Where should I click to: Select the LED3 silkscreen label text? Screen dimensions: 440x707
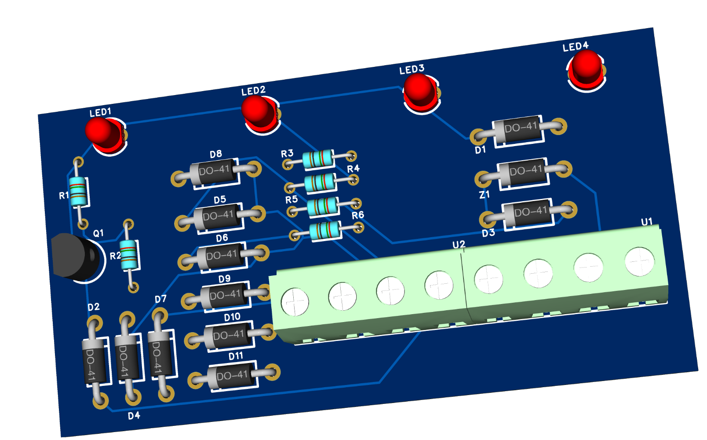(x=412, y=70)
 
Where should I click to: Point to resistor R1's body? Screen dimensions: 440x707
(x=78, y=192)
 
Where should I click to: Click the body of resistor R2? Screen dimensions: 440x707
(x=129, y=255)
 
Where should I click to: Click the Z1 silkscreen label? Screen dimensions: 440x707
(x=484, y=194)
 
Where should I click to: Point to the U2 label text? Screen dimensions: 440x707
(x=459, y=245)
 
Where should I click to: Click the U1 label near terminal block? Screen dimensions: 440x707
(x=646, y=222)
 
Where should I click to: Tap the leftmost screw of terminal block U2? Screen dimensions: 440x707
(x=295, y=302)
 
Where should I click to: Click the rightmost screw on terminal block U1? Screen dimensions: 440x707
(x=639, y=261)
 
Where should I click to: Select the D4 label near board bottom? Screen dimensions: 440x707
(x=134, y=416)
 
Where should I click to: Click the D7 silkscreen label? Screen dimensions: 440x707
(x=160, y=299)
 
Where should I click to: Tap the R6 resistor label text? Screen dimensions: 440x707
(x=357, y=215)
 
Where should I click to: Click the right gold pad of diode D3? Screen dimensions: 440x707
(x=569, y=209)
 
